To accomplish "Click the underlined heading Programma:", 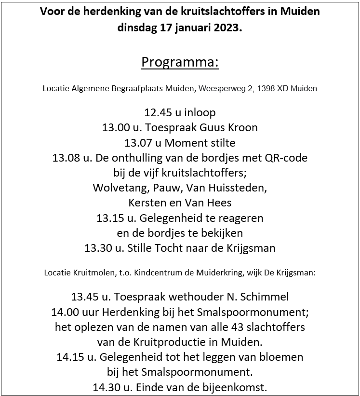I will pos(180,63).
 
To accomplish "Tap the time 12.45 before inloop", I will pos(157,113).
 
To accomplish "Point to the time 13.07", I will pos(137,143).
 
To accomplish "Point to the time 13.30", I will pos(97,248).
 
